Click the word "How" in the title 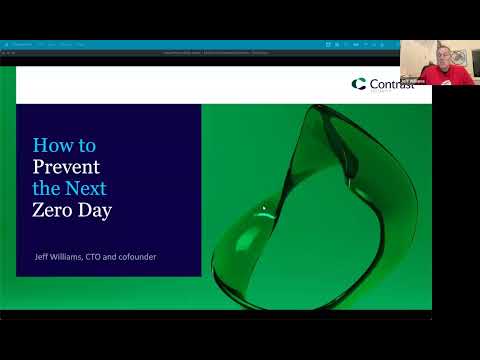(50, 144)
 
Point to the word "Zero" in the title (53, 210)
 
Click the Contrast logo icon (357, 84)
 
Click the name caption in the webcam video (412, 79)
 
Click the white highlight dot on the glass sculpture (264, 208)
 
